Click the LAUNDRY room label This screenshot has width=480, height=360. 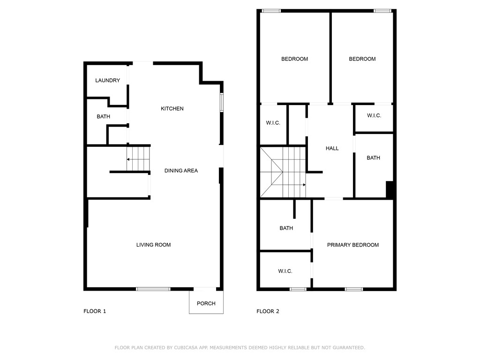click(107, 81)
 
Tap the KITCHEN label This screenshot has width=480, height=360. click(172, 109)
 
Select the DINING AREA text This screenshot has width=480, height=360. click(181, 171)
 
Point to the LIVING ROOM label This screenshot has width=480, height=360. click(153, 245)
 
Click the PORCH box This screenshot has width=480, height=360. click(206, 302)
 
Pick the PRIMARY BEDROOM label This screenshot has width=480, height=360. click(352, 245)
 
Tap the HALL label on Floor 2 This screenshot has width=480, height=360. click(332, 149)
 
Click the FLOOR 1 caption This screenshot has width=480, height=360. click(95, 311)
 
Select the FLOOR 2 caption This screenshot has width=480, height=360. click(268, 311)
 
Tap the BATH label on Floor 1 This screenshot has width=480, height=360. click(104, 117)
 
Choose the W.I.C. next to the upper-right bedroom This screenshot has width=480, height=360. click(374, 116)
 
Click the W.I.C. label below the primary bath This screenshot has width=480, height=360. click(285, 271)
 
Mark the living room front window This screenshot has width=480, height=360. click(153, 289)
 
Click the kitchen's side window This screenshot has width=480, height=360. click(222, 103)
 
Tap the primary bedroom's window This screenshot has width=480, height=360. click(354, 289)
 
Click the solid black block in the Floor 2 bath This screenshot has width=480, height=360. click(390, 190)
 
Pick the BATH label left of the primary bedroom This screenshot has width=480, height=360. click(286, 228)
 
